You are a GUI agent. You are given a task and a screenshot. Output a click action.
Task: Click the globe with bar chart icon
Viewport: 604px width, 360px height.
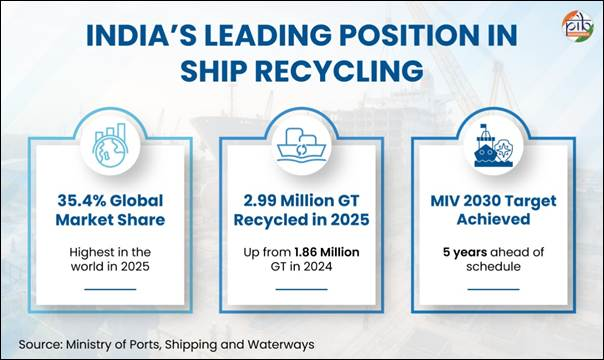coord(111,146)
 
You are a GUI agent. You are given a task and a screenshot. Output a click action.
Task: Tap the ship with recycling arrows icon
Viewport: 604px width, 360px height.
coord(302,144)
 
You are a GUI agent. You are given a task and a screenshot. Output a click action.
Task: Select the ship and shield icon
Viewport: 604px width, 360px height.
coord(493,146)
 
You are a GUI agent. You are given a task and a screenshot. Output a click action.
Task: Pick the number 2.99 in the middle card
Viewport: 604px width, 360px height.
coord(260,201)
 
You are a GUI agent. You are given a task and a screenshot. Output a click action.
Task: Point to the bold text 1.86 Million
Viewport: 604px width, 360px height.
coord(327,252)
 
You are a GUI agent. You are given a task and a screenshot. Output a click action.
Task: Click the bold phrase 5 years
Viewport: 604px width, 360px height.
coord(465,253)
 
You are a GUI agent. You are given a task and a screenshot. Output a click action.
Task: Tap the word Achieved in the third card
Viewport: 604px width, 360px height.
coord(493,219)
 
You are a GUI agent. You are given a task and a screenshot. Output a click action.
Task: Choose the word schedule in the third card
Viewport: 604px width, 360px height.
coord(493,266)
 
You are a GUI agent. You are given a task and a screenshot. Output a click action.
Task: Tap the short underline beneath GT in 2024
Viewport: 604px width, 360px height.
coord(302,289)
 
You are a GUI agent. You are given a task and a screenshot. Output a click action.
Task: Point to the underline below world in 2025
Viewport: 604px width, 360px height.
coord(110,289)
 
